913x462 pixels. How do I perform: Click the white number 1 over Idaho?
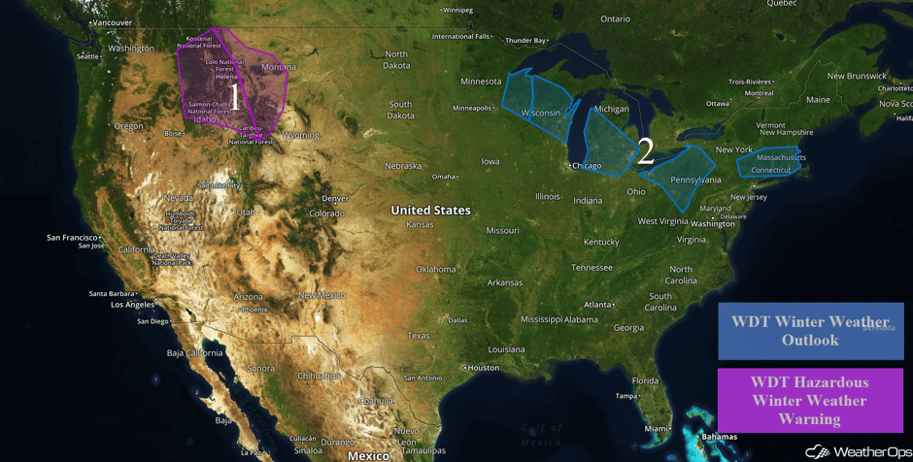coord(234,97)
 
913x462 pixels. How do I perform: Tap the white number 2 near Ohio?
coord(644,150)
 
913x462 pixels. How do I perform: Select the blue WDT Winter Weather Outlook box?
coord(810,331)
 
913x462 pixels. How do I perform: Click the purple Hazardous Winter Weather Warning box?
coord(810,400)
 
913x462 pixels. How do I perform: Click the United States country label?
coord(430,210)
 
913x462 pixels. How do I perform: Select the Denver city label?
coord(334,198)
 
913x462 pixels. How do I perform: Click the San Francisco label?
coord(73,237)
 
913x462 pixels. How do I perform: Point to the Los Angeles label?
coord(132,304)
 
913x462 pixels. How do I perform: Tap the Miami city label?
coord(659,428)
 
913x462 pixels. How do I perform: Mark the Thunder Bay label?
coord(525,41)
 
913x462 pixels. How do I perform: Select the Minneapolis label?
coord(472,108)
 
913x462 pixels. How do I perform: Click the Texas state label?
coord(419,336)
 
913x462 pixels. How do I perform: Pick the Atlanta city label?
coord(597,304)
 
